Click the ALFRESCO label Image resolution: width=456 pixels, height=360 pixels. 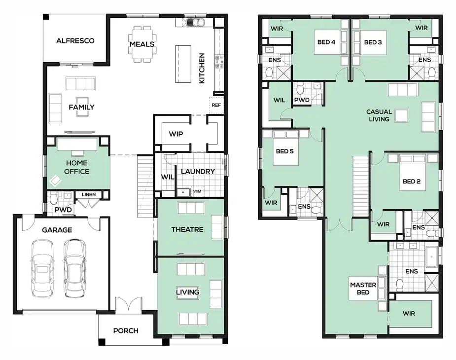tap(75, 41)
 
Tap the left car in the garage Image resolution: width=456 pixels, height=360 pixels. tap(42, 268)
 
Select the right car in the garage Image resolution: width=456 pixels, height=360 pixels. tap(74, 268)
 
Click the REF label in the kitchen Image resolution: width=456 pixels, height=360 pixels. tap(216, 105)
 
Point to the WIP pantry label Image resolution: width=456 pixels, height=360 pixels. tap(176, 134)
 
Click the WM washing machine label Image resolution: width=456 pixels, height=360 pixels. tap(197, 191)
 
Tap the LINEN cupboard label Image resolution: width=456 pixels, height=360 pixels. tap(89, 194)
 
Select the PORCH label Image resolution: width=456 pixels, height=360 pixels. tap(126, 330)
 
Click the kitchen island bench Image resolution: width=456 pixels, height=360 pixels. tap(183, 64)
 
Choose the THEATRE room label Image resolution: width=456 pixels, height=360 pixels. tap(187, 229)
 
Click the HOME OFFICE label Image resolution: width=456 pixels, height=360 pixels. tap(77, 167)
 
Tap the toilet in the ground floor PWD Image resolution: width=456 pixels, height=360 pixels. tap(54, 199)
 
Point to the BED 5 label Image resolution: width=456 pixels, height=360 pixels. tap(285, 151)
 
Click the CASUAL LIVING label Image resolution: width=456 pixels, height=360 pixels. tap(379, 115)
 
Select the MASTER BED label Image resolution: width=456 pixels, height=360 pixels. tap(363, 288)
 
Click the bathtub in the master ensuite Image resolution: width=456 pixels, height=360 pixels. tap(431, 257)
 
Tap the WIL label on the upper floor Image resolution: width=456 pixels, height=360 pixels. tap(279, 100)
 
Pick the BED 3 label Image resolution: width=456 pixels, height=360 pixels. tap(373, 42)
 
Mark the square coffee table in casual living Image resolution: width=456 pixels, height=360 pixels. tap(401, 115)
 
